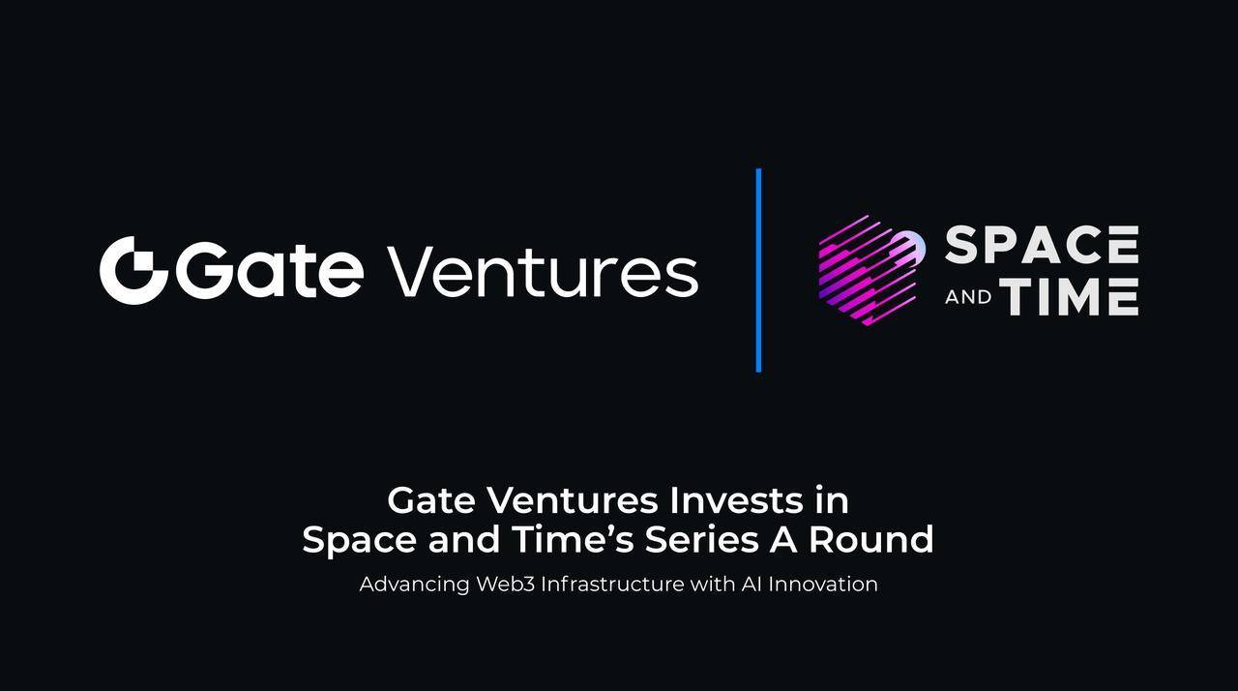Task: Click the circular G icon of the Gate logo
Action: pos(133,270)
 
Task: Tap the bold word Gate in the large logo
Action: pos(270,269)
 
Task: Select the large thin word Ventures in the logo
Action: pos(543,270)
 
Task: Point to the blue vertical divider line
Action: pos(758,270)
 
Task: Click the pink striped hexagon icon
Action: pos(871,270)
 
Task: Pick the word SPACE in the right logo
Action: pos(1042,244)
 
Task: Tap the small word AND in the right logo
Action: pos(968,297)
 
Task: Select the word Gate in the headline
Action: pos(431,501)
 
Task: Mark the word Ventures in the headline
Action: pos(572,501)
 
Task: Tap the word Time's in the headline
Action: pos(574,539)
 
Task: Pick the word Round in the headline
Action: pos(871,539)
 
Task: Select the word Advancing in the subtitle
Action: pos(415,585)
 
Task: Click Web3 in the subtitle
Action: pos(506,585)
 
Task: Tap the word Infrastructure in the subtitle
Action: pos(612,585)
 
